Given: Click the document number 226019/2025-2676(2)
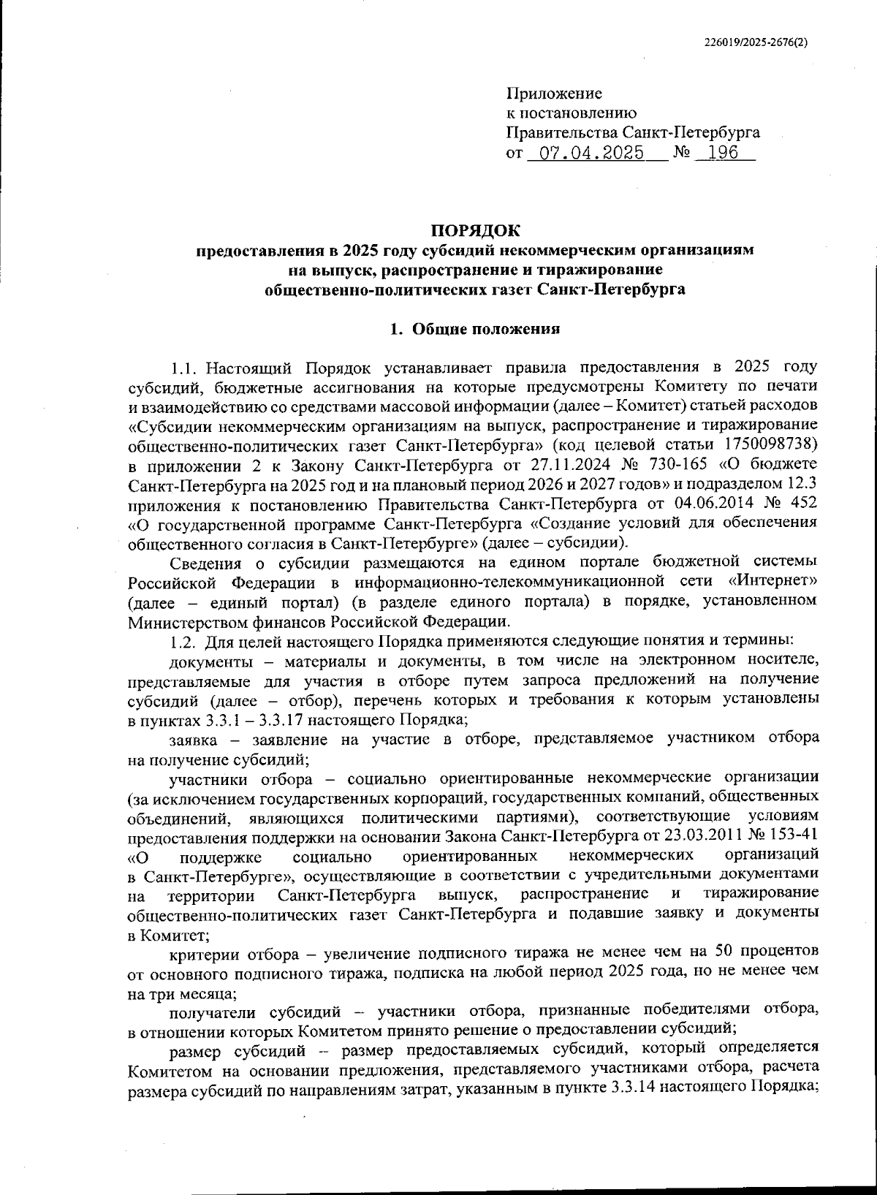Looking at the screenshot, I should point(756,43).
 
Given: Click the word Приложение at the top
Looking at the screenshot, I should point(554,94).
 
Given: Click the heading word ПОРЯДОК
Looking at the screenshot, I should point(475,231).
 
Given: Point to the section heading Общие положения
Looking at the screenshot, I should point(486,328).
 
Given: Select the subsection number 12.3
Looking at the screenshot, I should point(800,484).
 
